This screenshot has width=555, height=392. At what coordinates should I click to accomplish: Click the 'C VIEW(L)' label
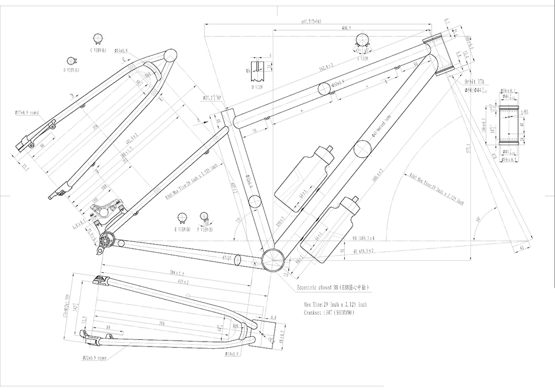(x=98, y=50)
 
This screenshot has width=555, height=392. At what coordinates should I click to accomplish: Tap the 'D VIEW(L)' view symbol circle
(x=72, y=60)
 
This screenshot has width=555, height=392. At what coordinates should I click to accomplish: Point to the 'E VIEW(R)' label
(x=182, y=229)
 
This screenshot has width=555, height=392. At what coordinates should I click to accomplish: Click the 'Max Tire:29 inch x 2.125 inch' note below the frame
(x=335, y=305)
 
